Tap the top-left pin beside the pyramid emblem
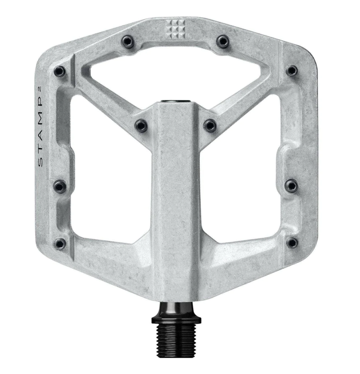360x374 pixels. (126, 40)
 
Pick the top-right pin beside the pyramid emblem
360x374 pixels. (223, 40)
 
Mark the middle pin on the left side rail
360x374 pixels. (59, 186)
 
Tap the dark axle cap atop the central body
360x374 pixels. (175, 101)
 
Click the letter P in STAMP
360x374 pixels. (40, 111)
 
